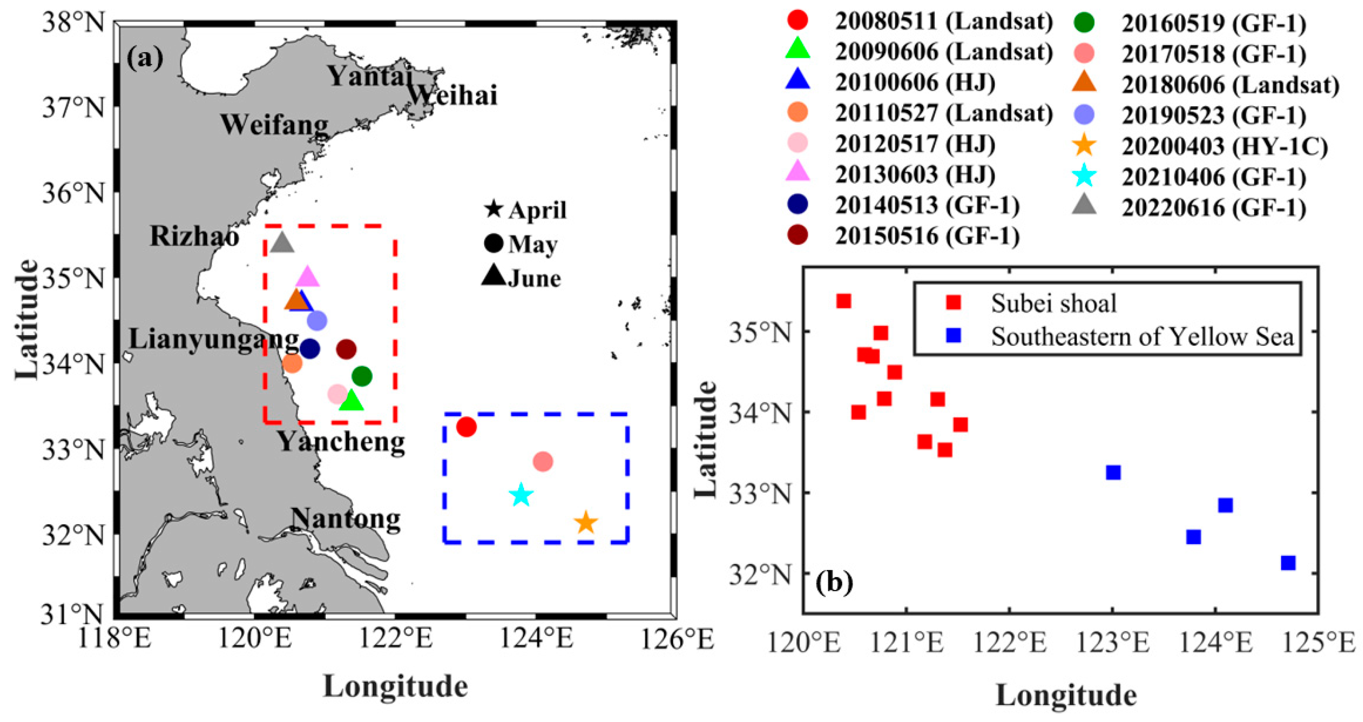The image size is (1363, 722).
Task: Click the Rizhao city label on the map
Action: click(x=194, y=236)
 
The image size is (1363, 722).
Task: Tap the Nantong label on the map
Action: click(x=345, y=519)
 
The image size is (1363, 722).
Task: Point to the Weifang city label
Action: click(x=274, y=125)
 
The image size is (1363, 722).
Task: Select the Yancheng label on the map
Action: click(x=342, y=441)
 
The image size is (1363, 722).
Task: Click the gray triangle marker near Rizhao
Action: click(x=282, y=243)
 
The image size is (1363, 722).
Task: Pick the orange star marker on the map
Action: click(x=586, y=523)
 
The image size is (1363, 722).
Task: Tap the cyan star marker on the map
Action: click(x=521, y=494)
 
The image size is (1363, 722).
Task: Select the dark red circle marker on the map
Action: click(x=346, y=349)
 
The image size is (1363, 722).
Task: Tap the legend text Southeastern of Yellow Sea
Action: click(x=1142, y=336)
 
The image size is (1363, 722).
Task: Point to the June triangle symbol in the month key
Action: click(x=494, y=276)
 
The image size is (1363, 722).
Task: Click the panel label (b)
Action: click(x=834, y=582)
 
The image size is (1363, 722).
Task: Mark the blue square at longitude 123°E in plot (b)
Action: click(x=1113, y=472)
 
